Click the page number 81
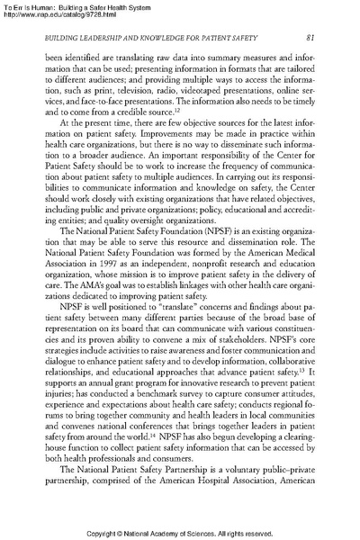309,37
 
